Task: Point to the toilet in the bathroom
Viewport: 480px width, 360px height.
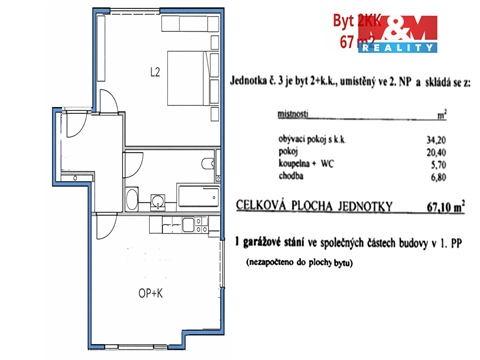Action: pos(208,163)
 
